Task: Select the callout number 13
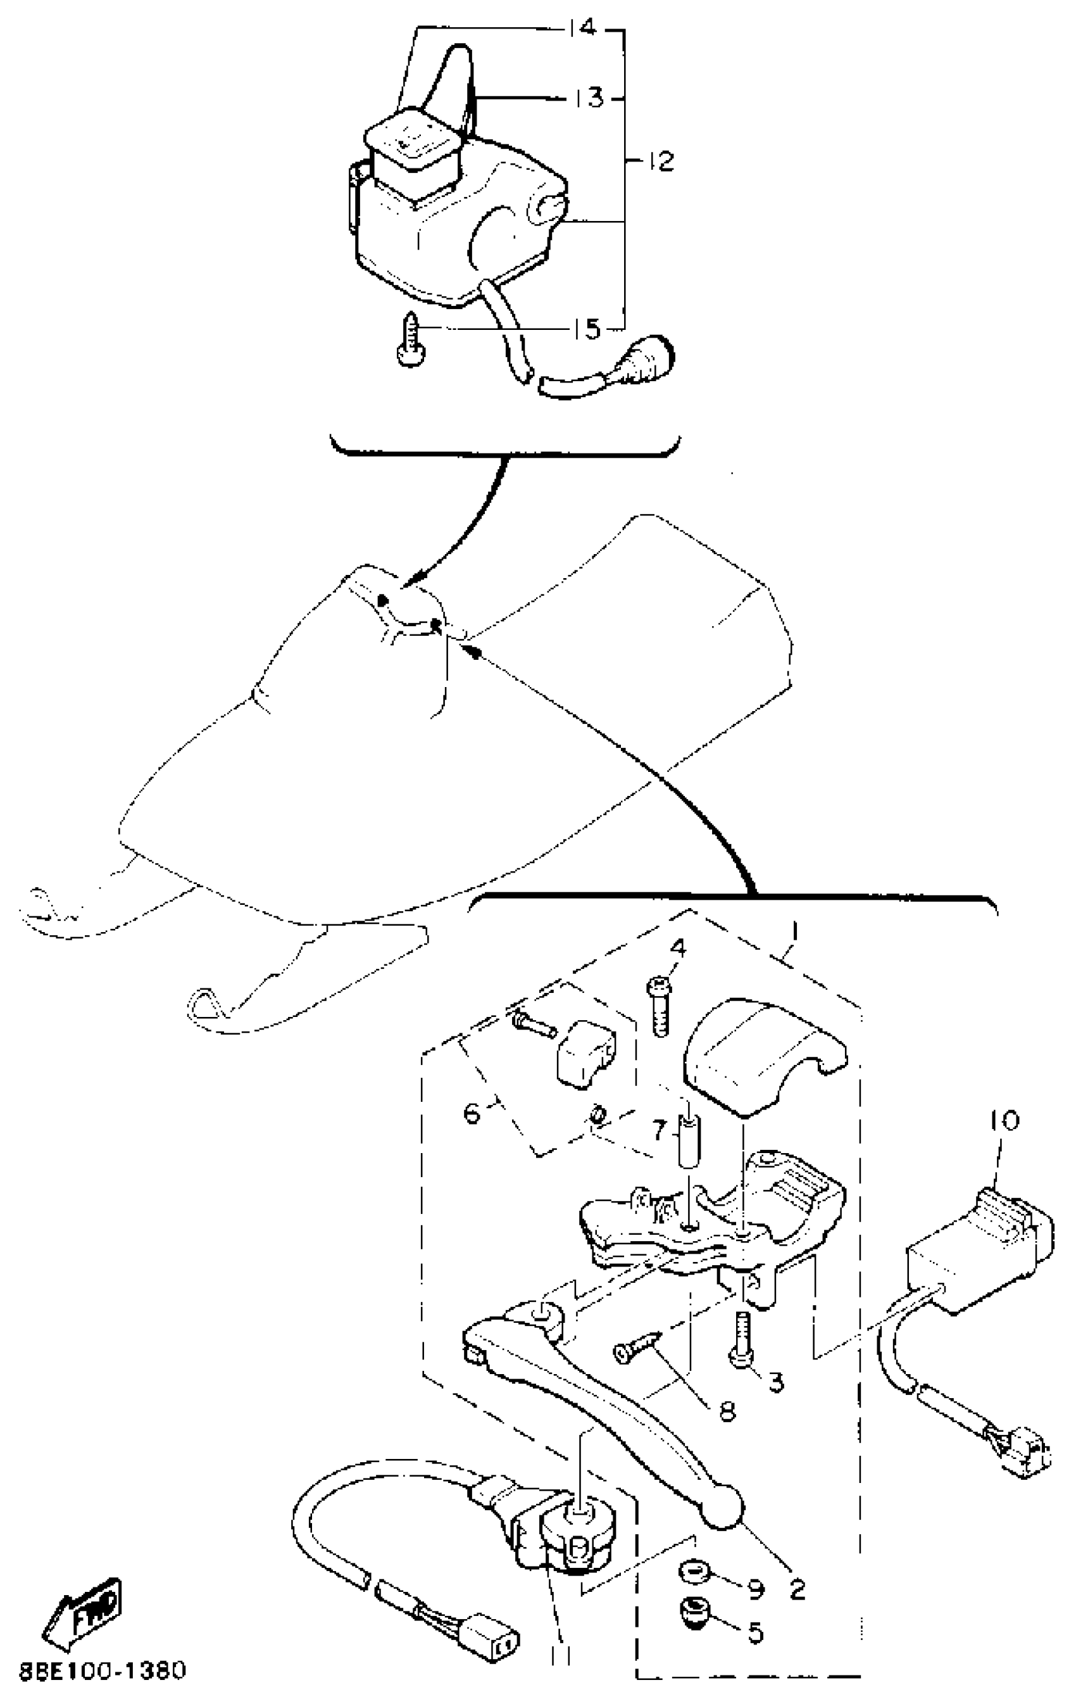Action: coord(588,98)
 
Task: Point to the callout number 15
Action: coord(587,329)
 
